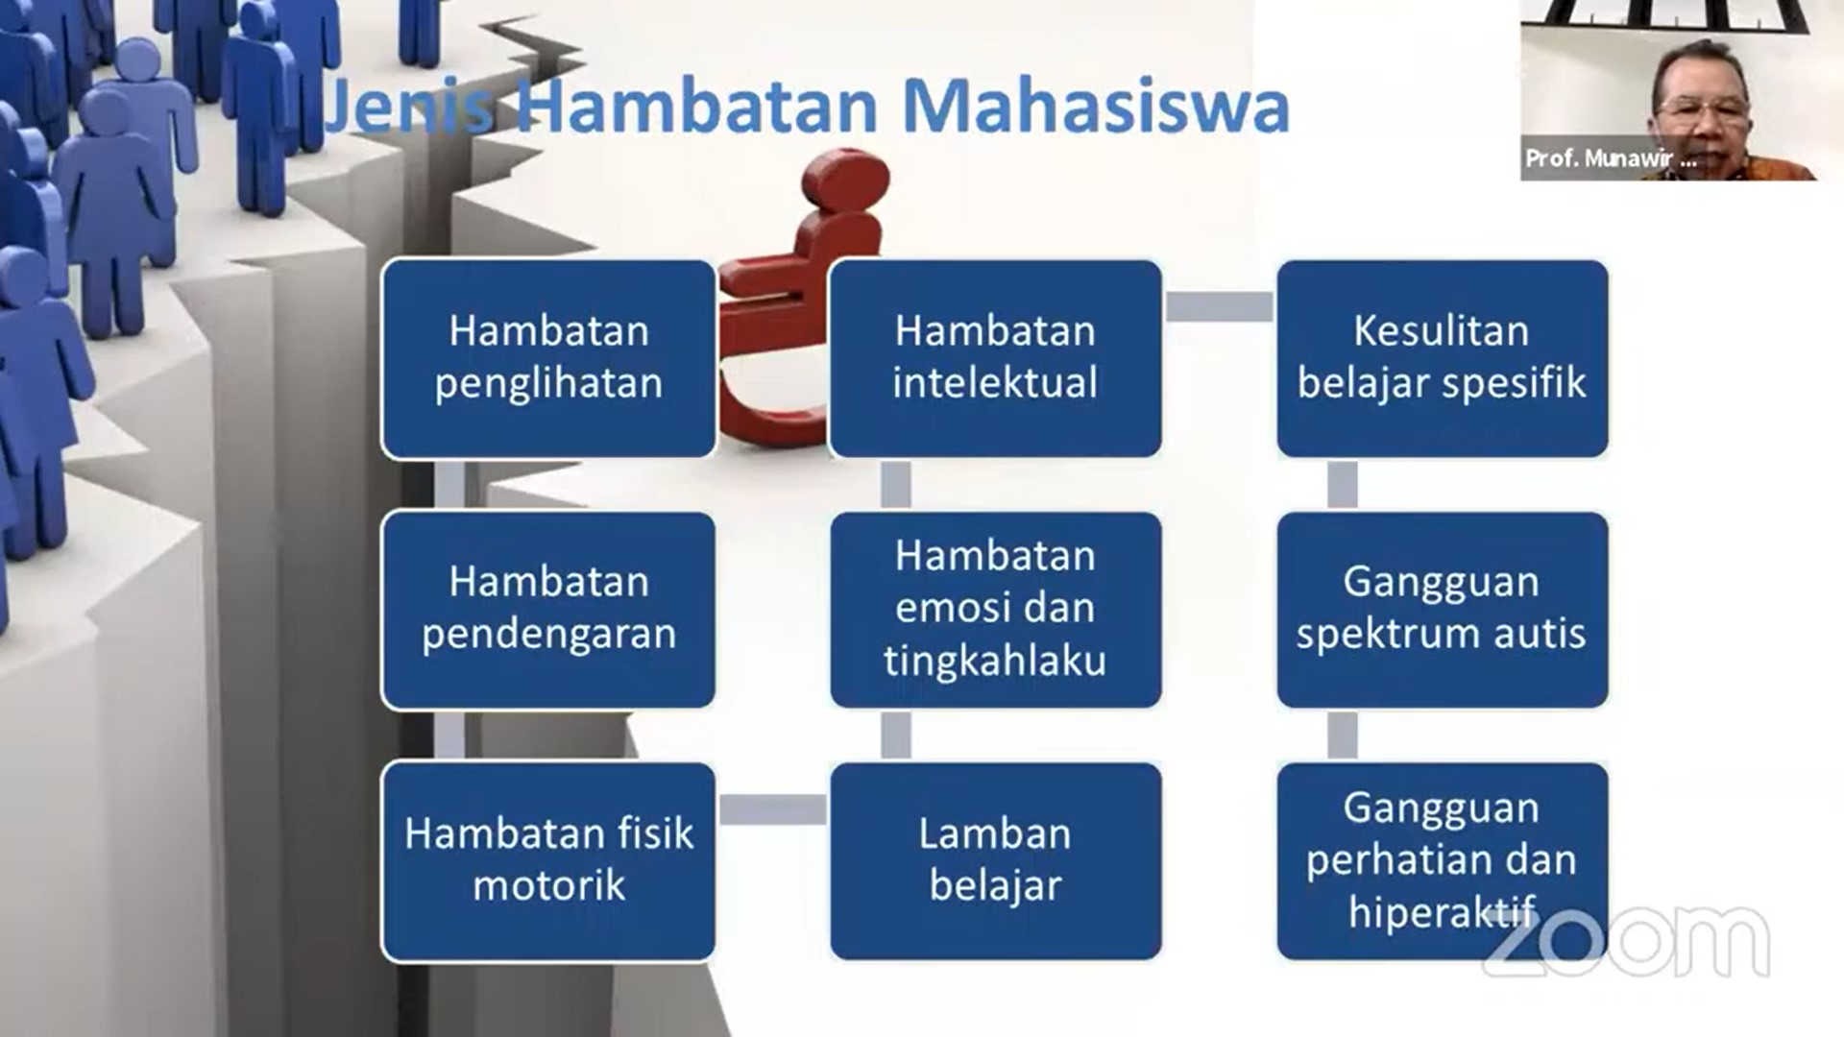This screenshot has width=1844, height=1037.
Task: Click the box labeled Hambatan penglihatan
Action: coord(548,358)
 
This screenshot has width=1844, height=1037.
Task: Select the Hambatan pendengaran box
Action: coord(548,610)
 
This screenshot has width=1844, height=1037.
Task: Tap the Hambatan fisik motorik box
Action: coord(548,861)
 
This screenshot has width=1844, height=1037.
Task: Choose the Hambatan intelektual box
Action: coord(995,358)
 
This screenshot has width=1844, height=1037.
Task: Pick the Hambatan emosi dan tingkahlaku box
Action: coord(995,610)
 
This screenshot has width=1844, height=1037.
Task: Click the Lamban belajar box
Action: coord(995,861)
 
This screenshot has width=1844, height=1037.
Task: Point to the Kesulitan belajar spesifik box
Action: coord(1442,358)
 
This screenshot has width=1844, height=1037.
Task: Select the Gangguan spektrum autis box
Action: coord(1442,610)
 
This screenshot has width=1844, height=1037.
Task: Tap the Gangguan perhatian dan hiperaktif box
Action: coord(1442,861)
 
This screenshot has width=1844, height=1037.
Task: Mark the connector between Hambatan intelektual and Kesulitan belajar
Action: coord(1220,307)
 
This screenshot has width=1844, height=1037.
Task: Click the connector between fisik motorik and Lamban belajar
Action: coord(772,809)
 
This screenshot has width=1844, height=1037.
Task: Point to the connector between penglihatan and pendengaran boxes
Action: coord(449,485)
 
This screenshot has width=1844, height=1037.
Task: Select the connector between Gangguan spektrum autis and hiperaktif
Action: coord(1343,736)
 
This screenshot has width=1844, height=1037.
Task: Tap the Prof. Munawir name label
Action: coord(1611,158)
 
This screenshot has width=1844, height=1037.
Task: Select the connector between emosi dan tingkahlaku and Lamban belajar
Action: coord(896,736)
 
